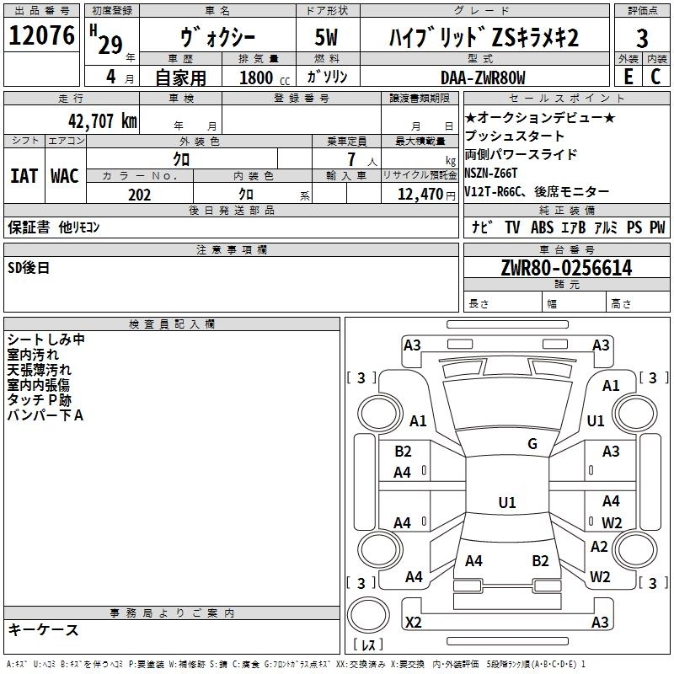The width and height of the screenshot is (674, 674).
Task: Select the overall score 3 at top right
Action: click(x=642, y=39)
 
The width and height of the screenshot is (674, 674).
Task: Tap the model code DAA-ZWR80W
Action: click(x=484, y=78)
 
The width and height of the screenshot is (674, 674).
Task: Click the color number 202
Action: click(x=139, y=195)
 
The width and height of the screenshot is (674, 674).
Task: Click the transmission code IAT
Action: click(x=24, y=176)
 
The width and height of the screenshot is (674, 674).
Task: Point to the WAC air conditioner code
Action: click(x=64, y=176)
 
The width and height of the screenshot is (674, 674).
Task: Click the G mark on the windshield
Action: click(x=532, y=444)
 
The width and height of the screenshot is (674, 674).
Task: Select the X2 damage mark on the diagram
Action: click(x=414, y=623)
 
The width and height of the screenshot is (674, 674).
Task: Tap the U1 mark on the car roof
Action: click(x=507, y=502)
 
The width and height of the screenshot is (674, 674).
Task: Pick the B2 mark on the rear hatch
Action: click(x=540, y=560)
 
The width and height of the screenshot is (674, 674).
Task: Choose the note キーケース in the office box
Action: click(x=44, y=630)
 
